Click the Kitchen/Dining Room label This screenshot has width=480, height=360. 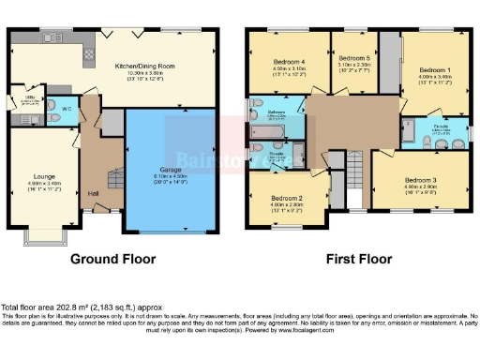click(144, 67)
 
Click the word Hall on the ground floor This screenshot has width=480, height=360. click(93, 193)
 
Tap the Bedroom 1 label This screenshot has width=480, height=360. click(434, 69)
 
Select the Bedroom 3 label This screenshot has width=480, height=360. click(421, 179)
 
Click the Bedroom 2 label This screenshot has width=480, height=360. click(286, 199)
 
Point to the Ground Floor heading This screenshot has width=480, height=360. click(112, 257)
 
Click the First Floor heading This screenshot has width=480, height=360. click(358, 257)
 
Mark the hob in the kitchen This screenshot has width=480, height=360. click(89, 54)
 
